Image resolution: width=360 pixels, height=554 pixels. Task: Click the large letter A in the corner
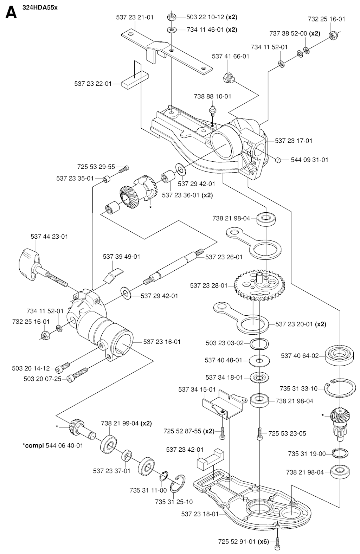click(11, 13)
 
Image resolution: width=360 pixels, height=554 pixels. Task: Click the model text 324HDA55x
click(40, 7)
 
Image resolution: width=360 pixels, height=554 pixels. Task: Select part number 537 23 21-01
click(135, 17)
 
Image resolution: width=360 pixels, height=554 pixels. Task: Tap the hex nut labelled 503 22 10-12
click(172, 17)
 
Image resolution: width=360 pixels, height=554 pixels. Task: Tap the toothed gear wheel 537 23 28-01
click(259, 286)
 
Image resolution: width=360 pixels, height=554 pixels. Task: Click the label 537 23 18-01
click(200, 514)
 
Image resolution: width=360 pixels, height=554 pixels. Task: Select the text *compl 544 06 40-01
click(53, 445)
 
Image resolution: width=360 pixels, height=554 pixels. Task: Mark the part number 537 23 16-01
click(162, 342)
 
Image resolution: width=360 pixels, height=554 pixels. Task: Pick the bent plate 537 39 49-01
click(113, 275)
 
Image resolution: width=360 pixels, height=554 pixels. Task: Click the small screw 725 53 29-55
click(124, 169)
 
